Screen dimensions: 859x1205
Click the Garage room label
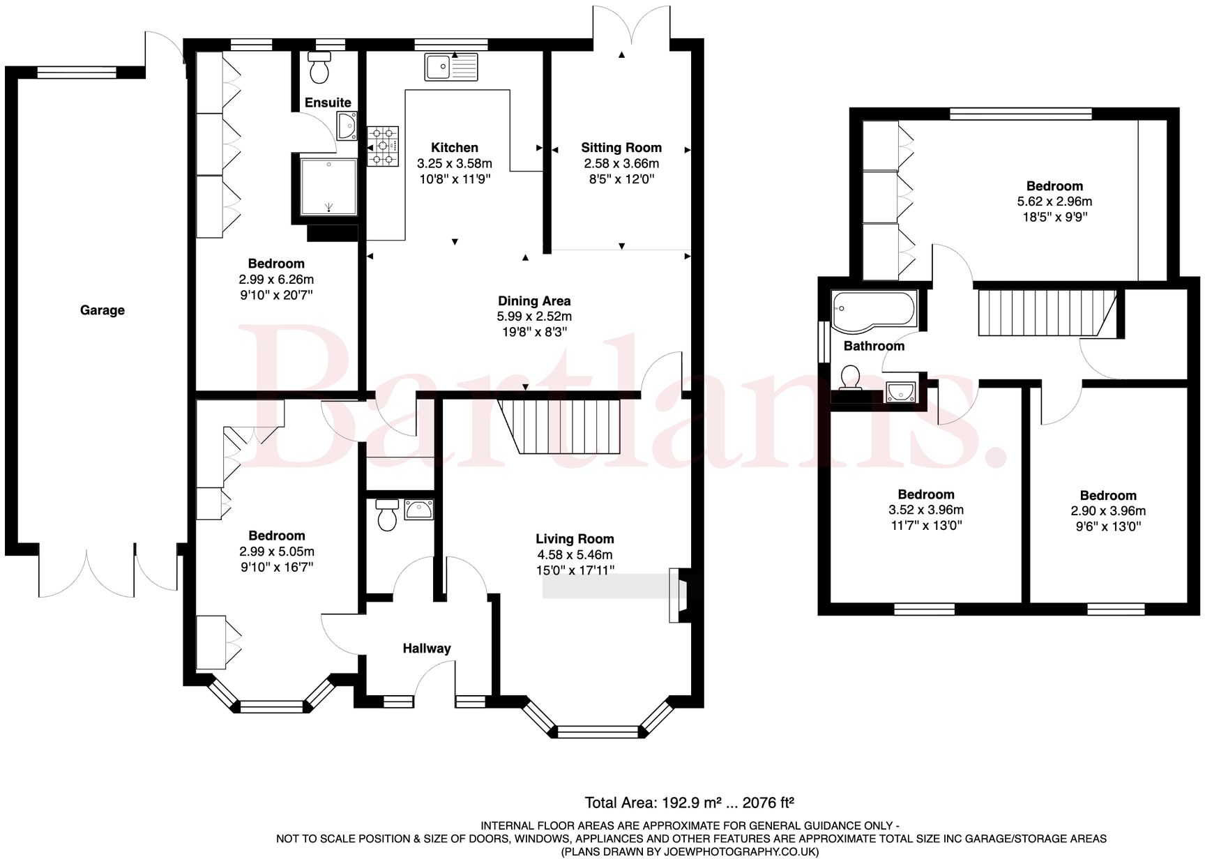(x=102, y=310)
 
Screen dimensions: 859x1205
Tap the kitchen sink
(x=451, y=68)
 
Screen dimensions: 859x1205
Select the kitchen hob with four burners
(x=383, y=146)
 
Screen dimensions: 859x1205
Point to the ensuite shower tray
(x=328, y=186)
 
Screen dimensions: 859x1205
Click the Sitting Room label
(x=621, y=148)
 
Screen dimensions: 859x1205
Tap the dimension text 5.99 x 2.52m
(x=534, y=317)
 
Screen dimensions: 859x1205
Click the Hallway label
(x=426, y=648)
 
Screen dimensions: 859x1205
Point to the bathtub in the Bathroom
(x=874, y=311)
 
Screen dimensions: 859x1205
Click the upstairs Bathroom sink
(x=901, y=393)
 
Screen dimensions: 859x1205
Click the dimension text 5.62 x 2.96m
(x=1054, y=202)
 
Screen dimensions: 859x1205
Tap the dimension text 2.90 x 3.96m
(x=1107, y=511)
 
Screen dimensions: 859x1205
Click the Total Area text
(x=689, y=803)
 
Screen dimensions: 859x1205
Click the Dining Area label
(x=534, y=301)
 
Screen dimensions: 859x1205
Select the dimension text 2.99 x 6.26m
(x=276, y=280)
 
